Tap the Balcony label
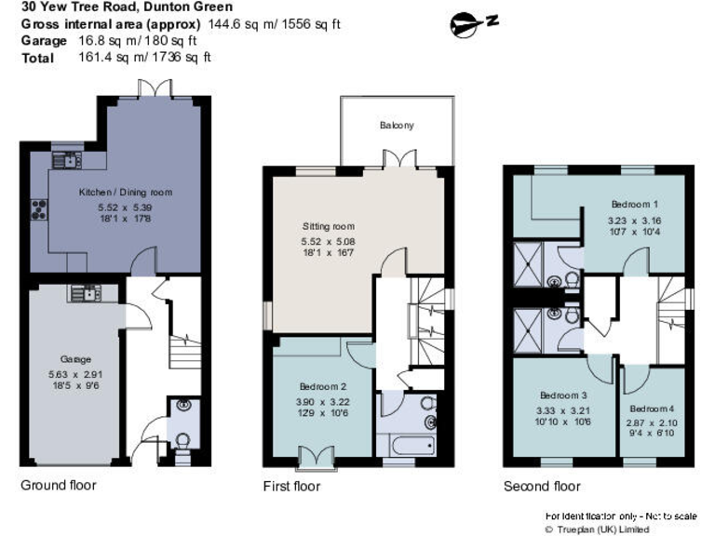point(397,126)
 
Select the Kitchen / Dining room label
point(112,192)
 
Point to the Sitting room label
point(328,226)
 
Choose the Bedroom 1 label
point(635,204)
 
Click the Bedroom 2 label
point(323,386)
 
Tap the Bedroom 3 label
point(563,394)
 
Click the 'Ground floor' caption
point(58,485)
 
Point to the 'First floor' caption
point(292,486)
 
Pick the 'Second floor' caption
point(542,486)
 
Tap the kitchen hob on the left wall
point(40,208)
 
